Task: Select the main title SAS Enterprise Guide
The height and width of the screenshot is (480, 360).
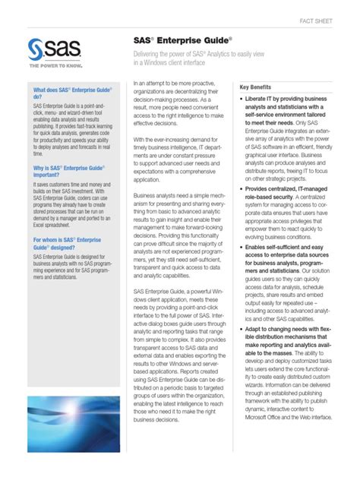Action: click(184, 39)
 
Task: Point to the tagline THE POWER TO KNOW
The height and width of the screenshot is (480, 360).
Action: click(54, 71)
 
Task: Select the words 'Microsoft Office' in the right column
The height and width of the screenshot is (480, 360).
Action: click(265, 438)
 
